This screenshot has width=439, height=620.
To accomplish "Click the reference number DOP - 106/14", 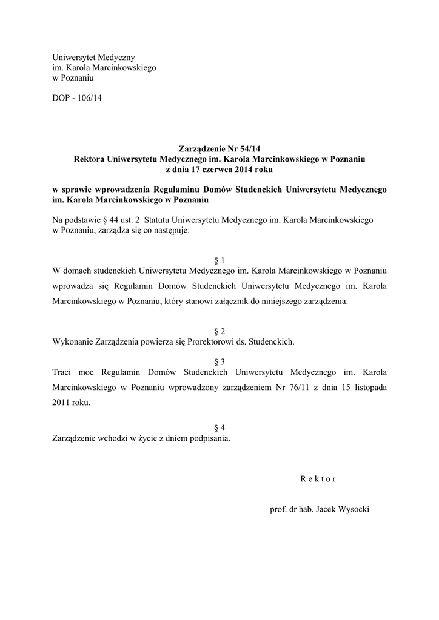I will click(x=77, y=97).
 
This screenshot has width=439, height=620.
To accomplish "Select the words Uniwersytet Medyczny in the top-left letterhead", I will click(x=89, y=57).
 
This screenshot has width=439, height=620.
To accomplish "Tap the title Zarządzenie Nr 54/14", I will click(x=219, y=148).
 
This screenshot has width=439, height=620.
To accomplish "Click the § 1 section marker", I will click(x=219, y=259).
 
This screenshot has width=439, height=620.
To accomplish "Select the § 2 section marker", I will click(x=219, y=331).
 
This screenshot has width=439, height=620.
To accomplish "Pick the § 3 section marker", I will click(x=219, y=361).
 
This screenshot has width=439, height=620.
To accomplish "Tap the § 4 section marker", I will click(x=219, y=428).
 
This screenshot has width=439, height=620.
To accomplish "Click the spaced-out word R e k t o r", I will click(x=318, y=478).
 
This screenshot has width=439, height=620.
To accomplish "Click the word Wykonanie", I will click(x=73, y=341).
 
